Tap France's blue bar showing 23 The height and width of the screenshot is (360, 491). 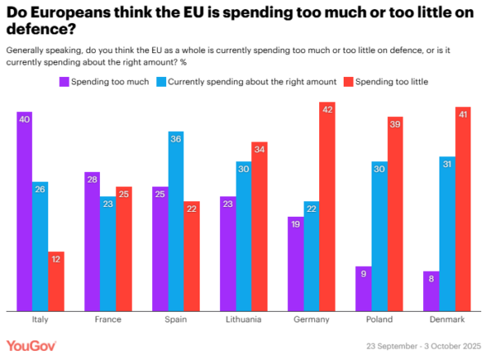click(x=108, y=254)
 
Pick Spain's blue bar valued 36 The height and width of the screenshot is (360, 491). click(x=176, y=221)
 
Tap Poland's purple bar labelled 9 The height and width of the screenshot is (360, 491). click(x=363, y=288)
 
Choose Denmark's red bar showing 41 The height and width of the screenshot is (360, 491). click(x=462, y=209)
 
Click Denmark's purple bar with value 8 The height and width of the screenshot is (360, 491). click(x=431, y=290)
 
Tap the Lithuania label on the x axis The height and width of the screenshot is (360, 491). click(x=244, y=320)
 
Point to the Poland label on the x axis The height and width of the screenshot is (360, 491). click(x=379, y=320)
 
